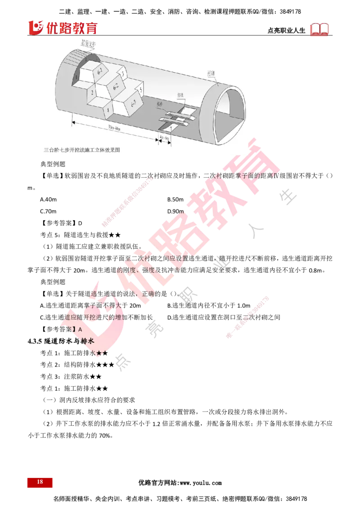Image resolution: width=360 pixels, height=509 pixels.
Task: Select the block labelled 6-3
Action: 134,104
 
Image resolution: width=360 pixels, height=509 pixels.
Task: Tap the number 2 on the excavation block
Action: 92,93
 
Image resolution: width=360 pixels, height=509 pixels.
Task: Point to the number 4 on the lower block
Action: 108,108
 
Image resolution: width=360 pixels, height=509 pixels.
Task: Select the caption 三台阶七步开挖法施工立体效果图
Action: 82,149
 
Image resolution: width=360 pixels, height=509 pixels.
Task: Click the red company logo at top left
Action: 63,28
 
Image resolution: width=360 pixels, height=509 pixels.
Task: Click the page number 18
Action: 40,482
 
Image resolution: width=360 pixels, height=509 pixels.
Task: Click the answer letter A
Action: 80,330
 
